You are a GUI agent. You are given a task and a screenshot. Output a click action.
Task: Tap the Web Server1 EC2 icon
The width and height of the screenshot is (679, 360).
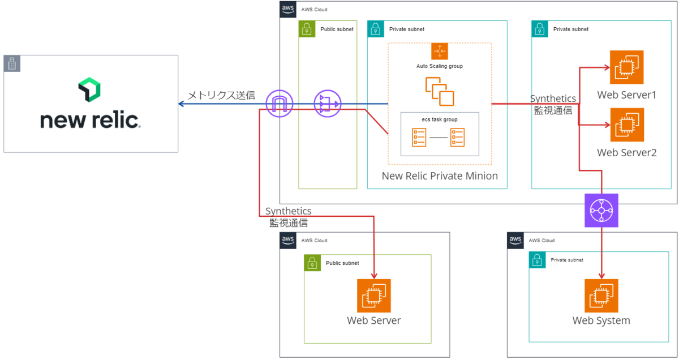(x=627, y=67)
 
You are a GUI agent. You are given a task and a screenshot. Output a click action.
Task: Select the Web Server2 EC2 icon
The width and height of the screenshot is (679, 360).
(x=627, y=125)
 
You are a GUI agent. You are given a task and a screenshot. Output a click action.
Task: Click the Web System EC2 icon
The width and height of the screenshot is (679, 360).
(x=601, y=295)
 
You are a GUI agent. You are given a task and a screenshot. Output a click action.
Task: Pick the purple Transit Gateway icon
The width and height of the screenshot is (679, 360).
(x=601, y=210)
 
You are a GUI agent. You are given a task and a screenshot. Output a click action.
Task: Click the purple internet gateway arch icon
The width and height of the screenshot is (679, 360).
(x=280, y=104)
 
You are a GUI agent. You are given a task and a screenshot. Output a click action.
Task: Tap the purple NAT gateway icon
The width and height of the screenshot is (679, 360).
(x=327, y=104)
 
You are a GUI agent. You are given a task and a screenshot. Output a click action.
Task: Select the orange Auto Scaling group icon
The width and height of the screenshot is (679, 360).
(x=440, y=51)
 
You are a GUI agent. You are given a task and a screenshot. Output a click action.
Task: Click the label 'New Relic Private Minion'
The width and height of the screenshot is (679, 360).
(x=440, y=176)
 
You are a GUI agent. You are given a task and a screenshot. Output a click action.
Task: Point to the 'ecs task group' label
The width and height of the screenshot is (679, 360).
(x=440, y=119)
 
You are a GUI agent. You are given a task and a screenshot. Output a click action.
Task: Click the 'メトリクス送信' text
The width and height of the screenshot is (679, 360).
(x=221, y=95)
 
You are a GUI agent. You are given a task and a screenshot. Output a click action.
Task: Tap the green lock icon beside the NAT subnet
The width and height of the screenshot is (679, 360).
(x=306, y=29)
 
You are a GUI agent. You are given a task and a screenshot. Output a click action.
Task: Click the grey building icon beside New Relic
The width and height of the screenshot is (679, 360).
(x=11, y=63)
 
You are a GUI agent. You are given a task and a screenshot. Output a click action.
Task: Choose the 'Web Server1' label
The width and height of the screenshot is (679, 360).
(x=626, y=95)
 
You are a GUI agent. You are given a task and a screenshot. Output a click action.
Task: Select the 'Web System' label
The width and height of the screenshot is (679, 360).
(x=601, y=321)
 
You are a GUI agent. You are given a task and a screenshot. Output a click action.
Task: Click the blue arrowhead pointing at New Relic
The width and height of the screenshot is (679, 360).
(x=181, y=104)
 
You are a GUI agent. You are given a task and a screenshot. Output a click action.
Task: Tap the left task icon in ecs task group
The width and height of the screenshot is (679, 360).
(x=419, y=138)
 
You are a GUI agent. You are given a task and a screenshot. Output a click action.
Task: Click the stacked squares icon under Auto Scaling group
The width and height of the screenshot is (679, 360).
(x=440, y=92)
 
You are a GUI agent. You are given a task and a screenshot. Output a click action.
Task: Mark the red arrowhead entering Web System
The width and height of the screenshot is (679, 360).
(x=601, y=274)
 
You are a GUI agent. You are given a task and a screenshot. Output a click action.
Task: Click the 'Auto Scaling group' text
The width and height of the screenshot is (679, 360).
(x=440, y=66)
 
